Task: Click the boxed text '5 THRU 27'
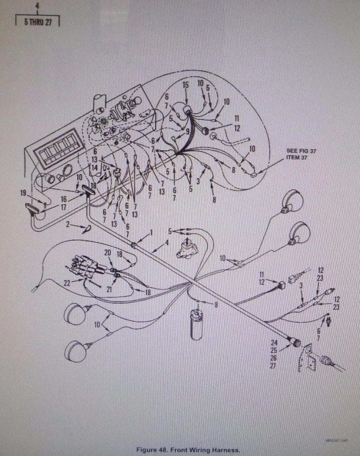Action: (x=37, y=22)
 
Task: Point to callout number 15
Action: (x=185, y=85)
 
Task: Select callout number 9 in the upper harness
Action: (x=188, y=131)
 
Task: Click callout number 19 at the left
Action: (x=24, y=192)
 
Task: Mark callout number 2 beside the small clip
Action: (x=68, y=224)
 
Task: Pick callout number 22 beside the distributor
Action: (x=67, y=282)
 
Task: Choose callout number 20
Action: (x=107, y=252)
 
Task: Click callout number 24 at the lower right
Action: (x=274, y=343)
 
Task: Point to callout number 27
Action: (x=274, y=366)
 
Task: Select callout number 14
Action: (x=94, y=167)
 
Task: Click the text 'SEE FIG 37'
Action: (x=301, y=151)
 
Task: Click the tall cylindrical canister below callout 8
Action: (x=196, y=326)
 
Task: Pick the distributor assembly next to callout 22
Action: (x=86, y=266)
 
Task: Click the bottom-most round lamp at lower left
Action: (x=75, y=351)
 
